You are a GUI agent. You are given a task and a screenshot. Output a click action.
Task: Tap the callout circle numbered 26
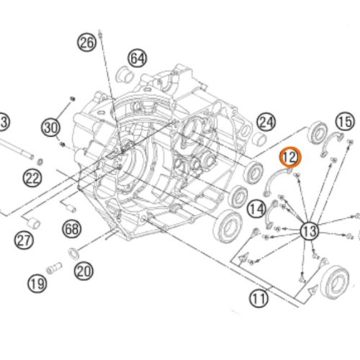pyautogui.click(x=86, y=43)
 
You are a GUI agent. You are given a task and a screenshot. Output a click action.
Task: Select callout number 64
pyautogui.click(x=138, y=57)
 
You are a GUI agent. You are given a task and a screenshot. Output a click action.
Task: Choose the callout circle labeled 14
pyautogui.click(x=256, y=209)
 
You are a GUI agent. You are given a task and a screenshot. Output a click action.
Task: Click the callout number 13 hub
pyautogui.click(x=309, y=230)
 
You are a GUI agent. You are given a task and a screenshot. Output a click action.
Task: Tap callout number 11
pyautogui.click(x=258, y=297)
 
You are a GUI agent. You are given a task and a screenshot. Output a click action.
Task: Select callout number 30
pyautogui.click(x=50, y=128)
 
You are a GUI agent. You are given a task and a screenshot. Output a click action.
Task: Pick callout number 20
pyautogui.click(x=84, y=271)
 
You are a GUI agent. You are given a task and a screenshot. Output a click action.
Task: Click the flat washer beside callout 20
pyautogui.click(x=73, y=253)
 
